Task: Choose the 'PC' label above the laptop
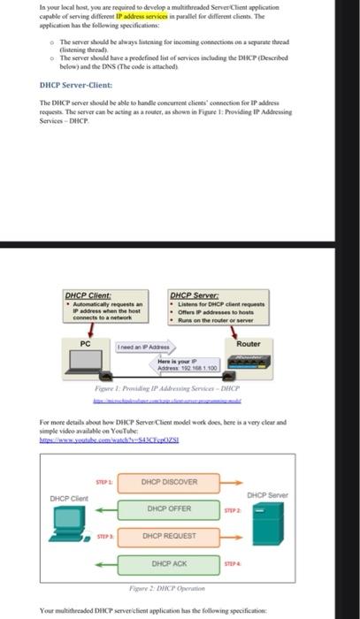[x=86, y=341]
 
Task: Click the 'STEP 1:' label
[x=104, y=481]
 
